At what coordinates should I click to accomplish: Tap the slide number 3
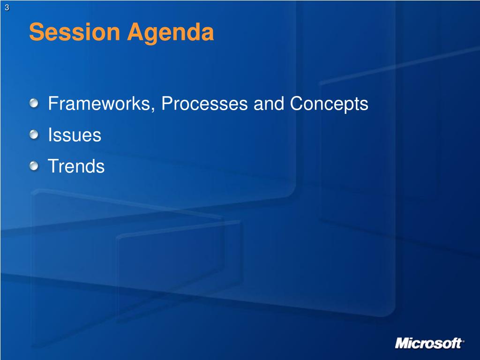7,7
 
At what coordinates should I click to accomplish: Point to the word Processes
204,104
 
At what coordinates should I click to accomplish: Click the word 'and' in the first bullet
269,104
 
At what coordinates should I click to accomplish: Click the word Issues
75,135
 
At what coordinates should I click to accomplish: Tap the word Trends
76,166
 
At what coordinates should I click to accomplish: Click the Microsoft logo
429,343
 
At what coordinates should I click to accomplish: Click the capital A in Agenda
135,32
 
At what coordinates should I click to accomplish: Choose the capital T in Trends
53,166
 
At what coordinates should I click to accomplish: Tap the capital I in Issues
50,135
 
